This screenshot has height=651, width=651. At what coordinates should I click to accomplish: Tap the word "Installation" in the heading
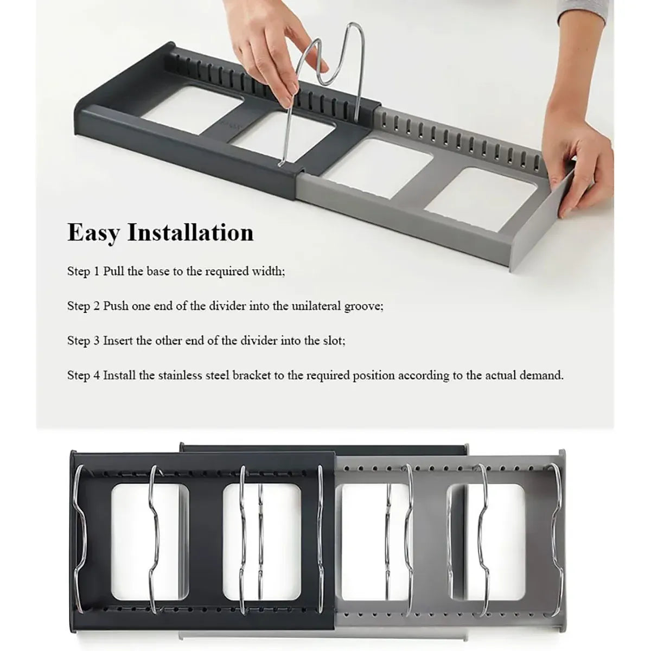[x=190, y=232]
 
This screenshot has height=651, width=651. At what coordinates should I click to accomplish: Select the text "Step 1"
[x=84, y=272]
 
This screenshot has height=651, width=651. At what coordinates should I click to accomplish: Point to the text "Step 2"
[x=84, y=306]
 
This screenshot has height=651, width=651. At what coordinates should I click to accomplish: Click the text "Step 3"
[x=84, y=341]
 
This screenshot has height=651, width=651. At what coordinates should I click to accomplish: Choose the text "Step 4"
[x=84, y=375]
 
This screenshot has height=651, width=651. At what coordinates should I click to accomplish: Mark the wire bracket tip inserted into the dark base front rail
[x=280, y=164]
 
